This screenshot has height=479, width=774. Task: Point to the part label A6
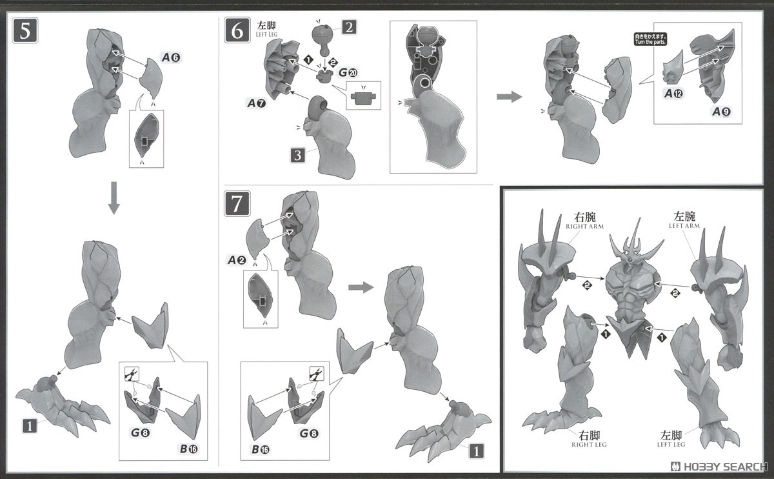tap(171, 58)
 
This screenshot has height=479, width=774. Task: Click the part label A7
tap(255, 103)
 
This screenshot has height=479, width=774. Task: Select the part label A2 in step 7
tap(237, 260)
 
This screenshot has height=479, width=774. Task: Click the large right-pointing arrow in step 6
tap(509, 97)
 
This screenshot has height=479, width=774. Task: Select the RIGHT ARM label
tap(582, 221)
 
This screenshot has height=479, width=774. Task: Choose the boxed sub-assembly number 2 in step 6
tap(348, 27)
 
